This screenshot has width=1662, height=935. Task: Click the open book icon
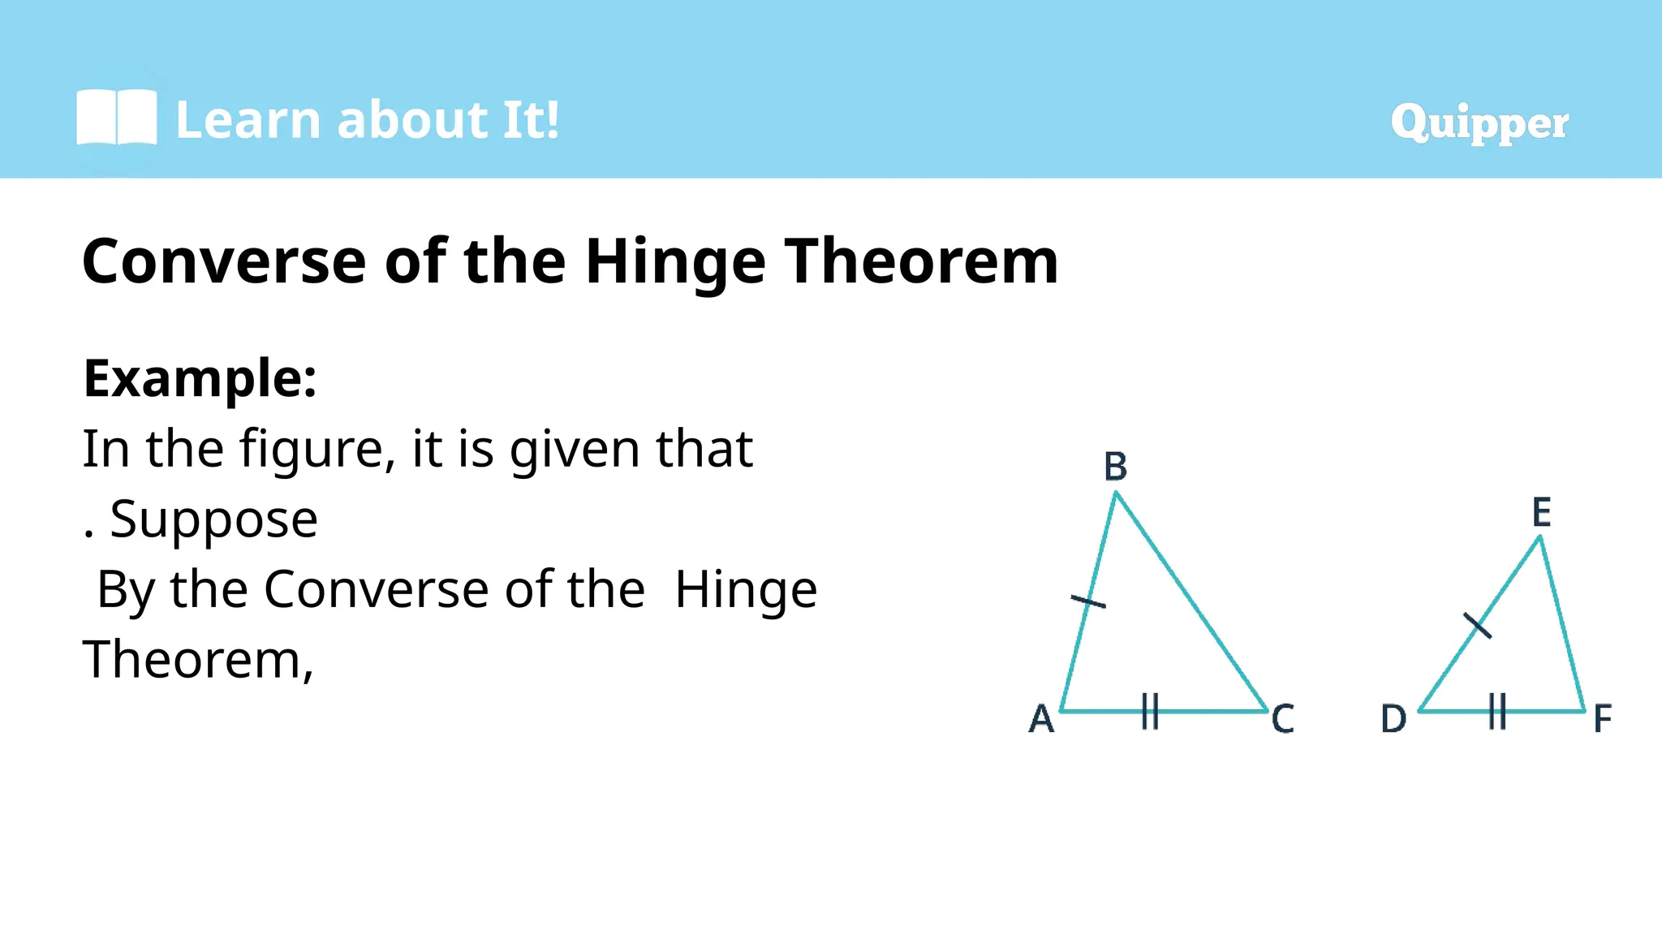[116, 118]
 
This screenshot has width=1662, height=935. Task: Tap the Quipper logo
[1479, 123]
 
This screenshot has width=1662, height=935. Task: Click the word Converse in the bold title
[224, 261]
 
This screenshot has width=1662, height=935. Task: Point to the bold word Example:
[200, 378]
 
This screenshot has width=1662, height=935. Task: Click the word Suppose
[213, 519]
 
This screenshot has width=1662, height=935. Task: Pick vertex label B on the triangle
[1116, 467]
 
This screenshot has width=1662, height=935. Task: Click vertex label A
[1041, 719]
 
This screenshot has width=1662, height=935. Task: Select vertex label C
[1282, 719]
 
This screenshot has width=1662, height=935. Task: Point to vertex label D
[1393, 719]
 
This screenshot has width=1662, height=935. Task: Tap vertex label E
[1541, 513]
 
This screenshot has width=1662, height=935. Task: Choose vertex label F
[1602, 719]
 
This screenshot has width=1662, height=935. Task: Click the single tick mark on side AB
[1088, 601]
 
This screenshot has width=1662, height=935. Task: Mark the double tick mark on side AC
[1150, 711]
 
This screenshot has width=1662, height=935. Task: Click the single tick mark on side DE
[1477, 625]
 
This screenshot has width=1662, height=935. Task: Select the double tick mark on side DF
[1498, 711]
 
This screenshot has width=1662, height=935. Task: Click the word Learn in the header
[248, 120]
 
